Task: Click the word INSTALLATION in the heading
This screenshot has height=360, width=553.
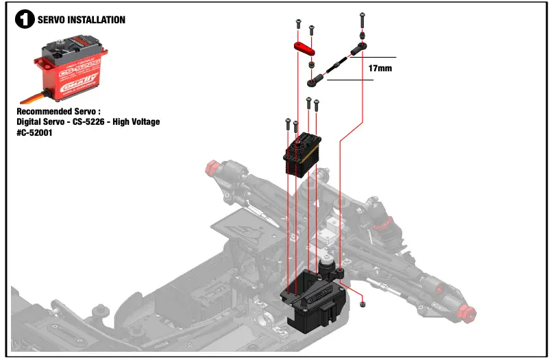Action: pyautogui.click(x=97, y=20)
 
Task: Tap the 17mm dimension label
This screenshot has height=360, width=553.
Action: pyautogui.click(x=380, y=69)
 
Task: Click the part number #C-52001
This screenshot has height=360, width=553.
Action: pyautogui.click(x=34, y=132)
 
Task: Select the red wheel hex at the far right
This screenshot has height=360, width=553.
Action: pyautogui.click(x=469, y=312)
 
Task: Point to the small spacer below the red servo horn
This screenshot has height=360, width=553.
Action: pyautogui.click(x=312, y=64)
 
